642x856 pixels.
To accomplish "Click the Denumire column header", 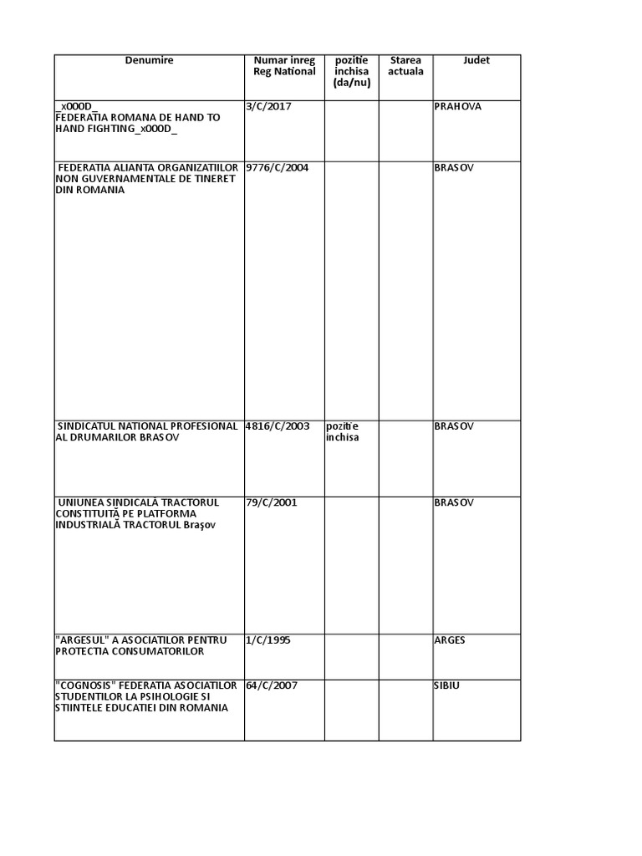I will [x=149, y=60].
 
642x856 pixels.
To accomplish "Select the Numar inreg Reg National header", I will [x=284, y=66].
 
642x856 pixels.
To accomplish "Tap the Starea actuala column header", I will [x=405, y=66].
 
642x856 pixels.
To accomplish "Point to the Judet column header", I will [x=476, y=60].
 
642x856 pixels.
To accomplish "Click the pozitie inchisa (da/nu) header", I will [x=351, y=71].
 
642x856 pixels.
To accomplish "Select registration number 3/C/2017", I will [x=270, y=107].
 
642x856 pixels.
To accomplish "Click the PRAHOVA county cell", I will [x=458, y=107].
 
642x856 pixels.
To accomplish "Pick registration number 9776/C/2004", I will [x=278, y=168].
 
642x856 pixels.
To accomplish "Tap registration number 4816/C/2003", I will [x=278, y=426].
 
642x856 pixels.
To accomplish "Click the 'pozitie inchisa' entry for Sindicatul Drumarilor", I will [x=343, y=431].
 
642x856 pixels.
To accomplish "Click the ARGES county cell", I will [x=450, y=640].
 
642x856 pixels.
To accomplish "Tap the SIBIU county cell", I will [x=447, y=686].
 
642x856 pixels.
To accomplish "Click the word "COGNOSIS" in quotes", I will [x=86, y=686].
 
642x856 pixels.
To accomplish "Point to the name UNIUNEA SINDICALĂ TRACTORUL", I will [x=138, y=503].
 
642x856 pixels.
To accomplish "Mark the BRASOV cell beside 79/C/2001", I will [x=454, y=503].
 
